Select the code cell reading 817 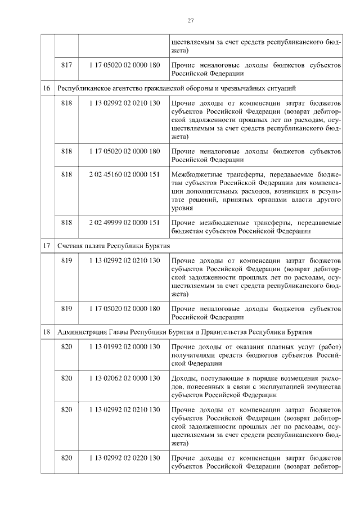[66, 65]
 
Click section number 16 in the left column [47, 88]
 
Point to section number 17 [47, 246]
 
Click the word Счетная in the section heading [70, 246]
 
